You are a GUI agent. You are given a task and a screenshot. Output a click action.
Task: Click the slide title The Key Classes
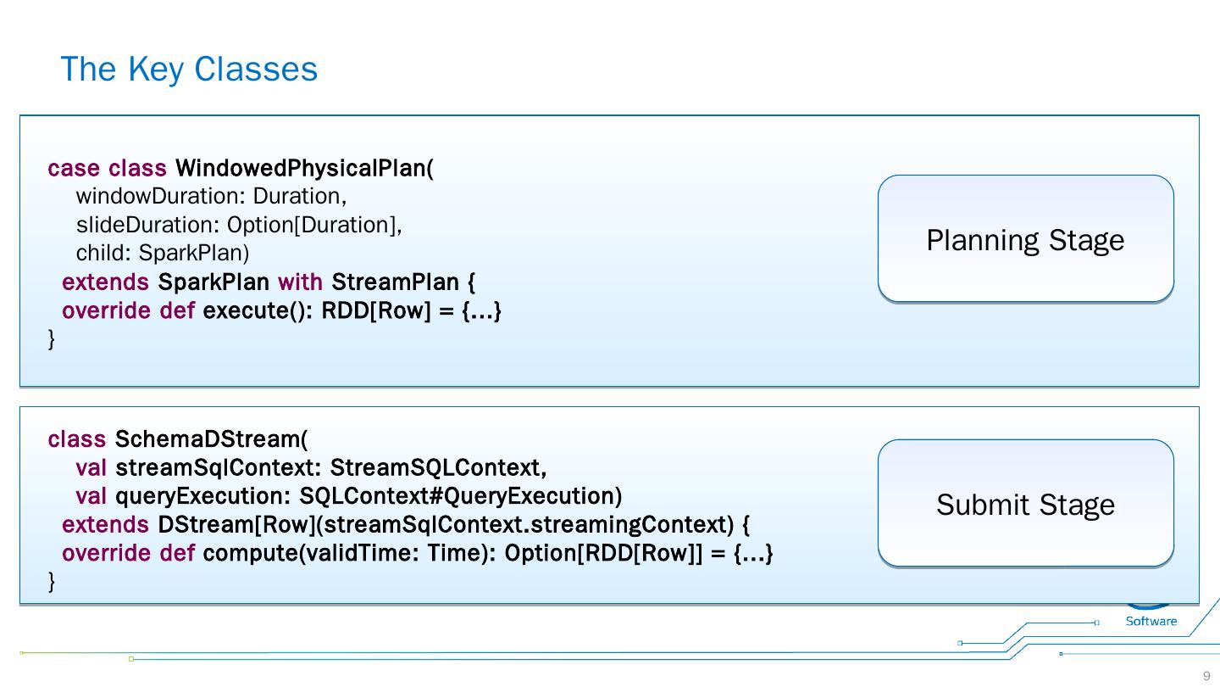click(189, 69)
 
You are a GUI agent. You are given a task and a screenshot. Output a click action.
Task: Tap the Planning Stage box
click(1025, 240)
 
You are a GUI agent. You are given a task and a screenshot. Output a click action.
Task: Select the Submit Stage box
click(1025, 505)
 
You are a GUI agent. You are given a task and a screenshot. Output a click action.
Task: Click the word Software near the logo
click(1151, 621)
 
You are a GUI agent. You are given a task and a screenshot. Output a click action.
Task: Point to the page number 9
click(1206, 676)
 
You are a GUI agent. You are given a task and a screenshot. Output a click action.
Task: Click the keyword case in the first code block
click(74, 168)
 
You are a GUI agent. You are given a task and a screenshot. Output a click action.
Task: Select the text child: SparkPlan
click(163, 253)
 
